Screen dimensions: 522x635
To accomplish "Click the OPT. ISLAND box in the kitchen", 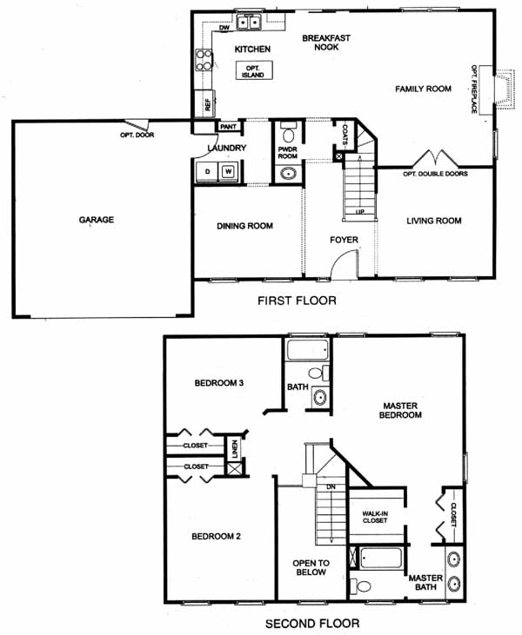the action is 254,70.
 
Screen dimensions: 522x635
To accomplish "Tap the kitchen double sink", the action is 249,22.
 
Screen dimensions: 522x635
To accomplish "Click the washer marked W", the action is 229,172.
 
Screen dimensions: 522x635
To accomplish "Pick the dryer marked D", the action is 207,172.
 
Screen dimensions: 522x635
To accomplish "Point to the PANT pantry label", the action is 228,127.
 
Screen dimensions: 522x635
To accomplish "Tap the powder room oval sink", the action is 288,174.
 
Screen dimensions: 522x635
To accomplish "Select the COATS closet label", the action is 345,135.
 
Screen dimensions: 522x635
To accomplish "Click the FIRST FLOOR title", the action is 297,301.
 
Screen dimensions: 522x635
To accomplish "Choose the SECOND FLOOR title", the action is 312,623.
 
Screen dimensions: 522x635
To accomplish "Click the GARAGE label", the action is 97,220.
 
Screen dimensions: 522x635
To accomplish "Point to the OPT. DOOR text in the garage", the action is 137,135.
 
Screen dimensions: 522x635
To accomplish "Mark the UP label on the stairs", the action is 360,212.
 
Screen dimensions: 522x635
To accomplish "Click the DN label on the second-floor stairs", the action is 331,486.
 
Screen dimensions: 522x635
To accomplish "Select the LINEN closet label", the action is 235,449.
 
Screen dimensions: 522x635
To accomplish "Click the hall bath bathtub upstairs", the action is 308,350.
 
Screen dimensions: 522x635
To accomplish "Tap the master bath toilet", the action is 360,585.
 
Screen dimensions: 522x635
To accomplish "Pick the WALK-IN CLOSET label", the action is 375,517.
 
